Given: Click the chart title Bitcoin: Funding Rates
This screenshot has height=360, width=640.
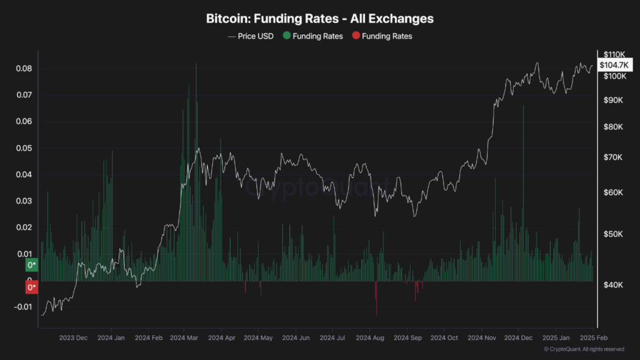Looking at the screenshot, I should (319, 19).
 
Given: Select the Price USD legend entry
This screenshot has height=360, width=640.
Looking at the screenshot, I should (251, 36).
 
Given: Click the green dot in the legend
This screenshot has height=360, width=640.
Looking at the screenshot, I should (286, 36).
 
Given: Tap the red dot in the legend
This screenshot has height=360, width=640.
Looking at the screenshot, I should (356, 36).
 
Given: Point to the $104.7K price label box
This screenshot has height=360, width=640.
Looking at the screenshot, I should (616, 65).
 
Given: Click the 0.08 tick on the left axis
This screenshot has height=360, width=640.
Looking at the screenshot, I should (24, 68).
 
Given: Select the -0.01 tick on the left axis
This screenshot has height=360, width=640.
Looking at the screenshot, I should (22, 306).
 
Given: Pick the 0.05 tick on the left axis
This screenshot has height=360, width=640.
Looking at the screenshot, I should (24, 148).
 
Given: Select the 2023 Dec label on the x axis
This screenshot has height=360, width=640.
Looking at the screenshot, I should (74, 337).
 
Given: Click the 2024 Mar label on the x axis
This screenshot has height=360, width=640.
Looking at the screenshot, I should (184, 337).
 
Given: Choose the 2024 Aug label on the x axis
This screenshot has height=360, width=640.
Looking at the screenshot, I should (369, 337).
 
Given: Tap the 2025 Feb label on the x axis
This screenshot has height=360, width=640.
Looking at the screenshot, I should (591, 337).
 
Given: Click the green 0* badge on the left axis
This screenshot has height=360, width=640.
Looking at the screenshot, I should (31, 265).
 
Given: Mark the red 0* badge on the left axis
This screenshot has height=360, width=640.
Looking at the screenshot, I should (31, 288).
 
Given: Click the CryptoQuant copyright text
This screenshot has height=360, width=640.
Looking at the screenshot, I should (584, 349).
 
